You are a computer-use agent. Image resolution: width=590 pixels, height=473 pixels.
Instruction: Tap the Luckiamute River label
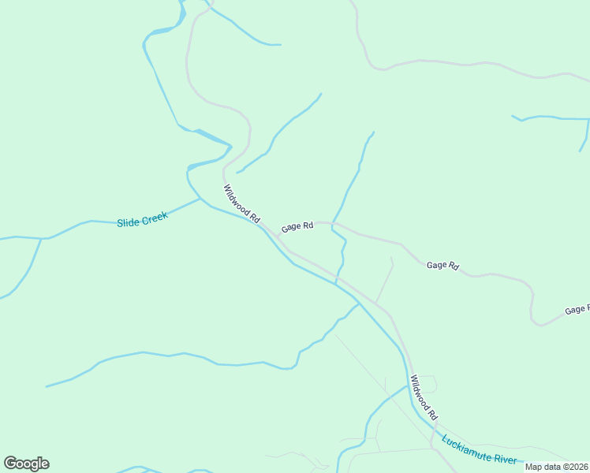(479, 450)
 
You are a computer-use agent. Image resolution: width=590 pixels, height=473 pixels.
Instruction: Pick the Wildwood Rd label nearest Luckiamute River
(424, 397)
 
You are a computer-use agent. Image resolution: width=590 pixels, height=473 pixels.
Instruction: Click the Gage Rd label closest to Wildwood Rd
(297, 226)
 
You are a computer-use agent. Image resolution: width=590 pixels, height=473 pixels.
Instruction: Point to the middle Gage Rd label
(442, 266)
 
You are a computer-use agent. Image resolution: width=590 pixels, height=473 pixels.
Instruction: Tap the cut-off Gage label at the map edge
(577, 311)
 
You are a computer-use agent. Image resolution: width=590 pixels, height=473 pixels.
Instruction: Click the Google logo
(26, 464)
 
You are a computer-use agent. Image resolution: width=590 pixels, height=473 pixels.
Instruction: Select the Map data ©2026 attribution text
(557, 467)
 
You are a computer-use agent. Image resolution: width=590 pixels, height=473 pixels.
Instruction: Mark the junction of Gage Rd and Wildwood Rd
(278, 235)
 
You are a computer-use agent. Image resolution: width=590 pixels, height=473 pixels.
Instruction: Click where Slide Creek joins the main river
(200, 199)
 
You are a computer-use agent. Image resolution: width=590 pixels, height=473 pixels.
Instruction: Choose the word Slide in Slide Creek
(128, 223)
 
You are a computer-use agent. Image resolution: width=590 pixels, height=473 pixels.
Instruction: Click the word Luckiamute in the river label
(469, 446)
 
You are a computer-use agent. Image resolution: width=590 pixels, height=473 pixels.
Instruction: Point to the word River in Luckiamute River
(506, 459)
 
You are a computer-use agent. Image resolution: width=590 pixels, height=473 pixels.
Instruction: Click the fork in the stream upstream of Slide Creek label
(41, 238)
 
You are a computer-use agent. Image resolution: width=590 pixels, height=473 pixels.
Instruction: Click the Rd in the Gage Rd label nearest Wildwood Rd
(308, 225)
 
